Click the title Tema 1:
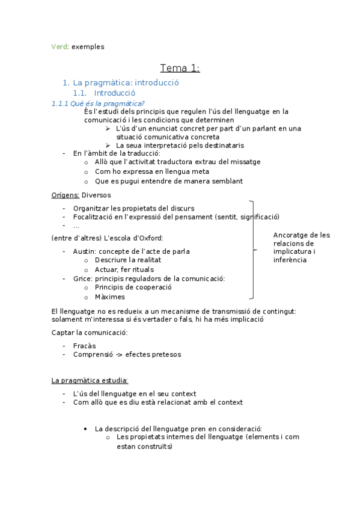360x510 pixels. [180, 68]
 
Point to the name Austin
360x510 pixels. [84, 251]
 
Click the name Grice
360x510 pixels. [82, 278]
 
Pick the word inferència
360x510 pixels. [290, 260]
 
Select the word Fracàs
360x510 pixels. [84, 346]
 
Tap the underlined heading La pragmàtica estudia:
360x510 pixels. [90, 380]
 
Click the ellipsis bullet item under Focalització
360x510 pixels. [76, 226]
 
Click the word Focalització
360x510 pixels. [95, 217]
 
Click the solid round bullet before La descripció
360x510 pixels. [87, 429]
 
